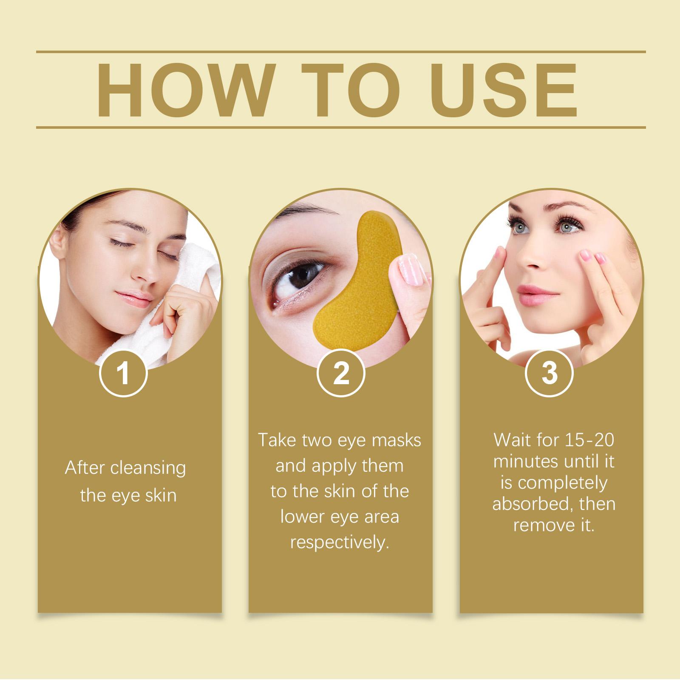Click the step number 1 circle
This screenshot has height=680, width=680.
click(x=123, y=373)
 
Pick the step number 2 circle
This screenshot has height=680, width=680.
click(x=341, y=373)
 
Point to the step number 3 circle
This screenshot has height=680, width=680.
click(x=549, y=373)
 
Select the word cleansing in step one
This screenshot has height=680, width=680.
click(x=148, y=468)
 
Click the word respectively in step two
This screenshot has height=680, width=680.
click(x=340, y=544)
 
